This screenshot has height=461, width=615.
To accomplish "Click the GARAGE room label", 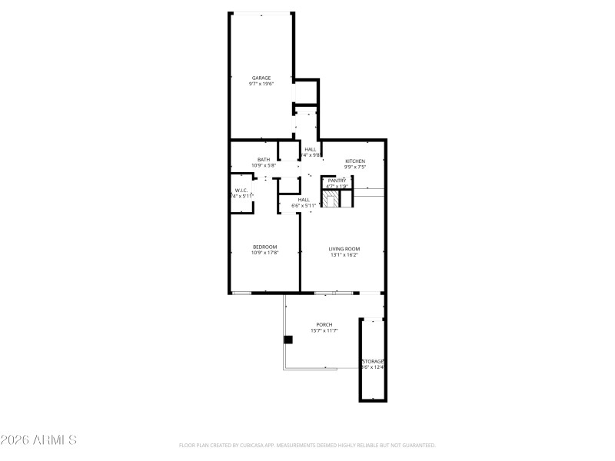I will coord(261,78).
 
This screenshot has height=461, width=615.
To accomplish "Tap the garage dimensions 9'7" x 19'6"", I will coord(261,84).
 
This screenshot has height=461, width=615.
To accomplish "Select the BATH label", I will coord(264,159).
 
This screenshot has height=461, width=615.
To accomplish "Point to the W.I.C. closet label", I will coord(241,190).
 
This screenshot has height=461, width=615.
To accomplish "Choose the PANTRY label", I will coord(337,180).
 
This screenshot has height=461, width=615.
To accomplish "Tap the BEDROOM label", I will coord(264,247).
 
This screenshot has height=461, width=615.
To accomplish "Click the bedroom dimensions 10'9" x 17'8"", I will coord(264,253).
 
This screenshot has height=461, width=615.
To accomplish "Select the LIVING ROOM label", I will coord(344,248).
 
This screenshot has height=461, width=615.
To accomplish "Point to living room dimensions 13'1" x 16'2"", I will coord(344,254).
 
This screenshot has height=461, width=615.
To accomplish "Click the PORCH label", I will coord(324,324).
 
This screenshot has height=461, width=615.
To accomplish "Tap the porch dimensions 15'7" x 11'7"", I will coord(324,330).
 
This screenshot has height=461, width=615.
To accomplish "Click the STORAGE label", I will coord(374,361).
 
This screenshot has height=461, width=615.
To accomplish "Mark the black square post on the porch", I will coord(288,340).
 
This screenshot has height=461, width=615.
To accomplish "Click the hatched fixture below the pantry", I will coord(331,200).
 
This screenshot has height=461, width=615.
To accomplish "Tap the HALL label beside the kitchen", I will coord(310,149).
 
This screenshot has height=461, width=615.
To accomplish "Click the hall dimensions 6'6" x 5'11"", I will coord(304,205).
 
